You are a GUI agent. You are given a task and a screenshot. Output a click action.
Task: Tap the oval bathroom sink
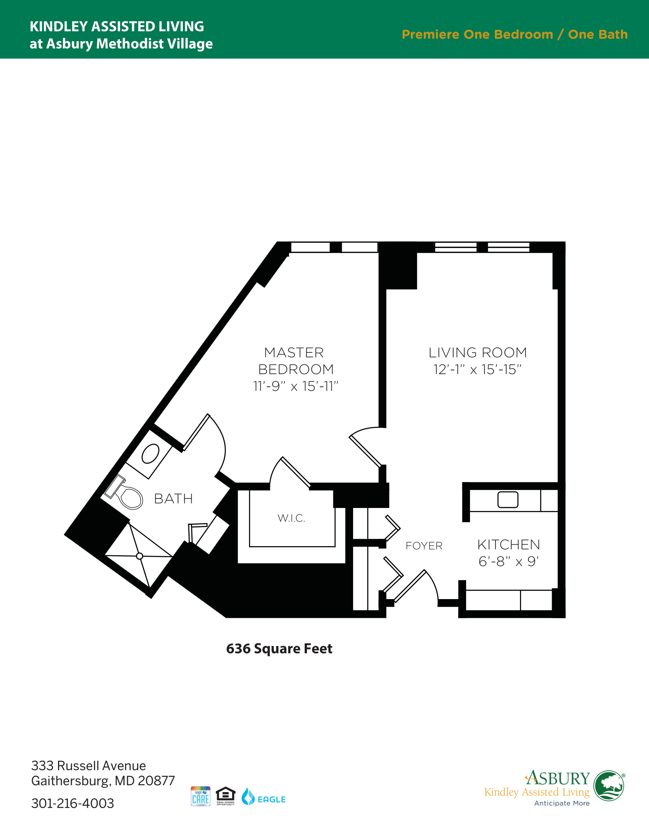(x=150, y=454)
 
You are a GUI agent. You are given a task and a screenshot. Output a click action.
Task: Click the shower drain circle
(x=140, y=556)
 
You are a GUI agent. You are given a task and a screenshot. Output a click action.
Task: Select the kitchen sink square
(x=508, y=500)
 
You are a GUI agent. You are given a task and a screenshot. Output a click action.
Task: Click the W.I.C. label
(x=291, y=518)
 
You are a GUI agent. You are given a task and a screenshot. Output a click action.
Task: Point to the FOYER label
(x=424, y=545)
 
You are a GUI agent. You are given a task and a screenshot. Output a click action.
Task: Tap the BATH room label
(x=173, y=499)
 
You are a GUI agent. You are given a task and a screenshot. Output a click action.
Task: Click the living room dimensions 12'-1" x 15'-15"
(x=478, y=369)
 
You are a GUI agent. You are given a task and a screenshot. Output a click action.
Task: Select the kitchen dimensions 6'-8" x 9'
(x=509, y=561)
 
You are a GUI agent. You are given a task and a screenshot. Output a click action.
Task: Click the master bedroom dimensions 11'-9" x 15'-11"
(x=295, y=386)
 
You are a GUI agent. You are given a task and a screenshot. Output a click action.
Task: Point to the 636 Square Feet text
(x=279, y=648)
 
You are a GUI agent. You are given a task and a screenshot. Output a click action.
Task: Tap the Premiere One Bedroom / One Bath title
(x=515, y=34)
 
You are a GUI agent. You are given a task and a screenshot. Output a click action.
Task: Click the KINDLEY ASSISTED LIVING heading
(x=117, y=27)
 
